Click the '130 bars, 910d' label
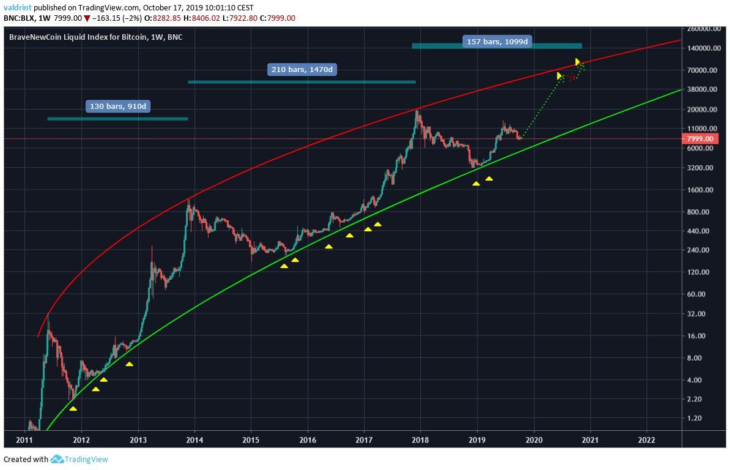point(118,106)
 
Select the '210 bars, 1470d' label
point(302,69)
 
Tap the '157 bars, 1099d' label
point(496,42)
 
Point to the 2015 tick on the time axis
point(251,439)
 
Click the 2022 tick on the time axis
point(646,439)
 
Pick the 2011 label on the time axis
point(24,439)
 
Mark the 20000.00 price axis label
point(699,110)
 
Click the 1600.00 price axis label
point(699,190)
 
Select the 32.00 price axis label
point(699,314)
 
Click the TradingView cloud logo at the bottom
point(57,459)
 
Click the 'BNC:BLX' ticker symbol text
point(19,18)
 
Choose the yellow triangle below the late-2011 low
point(73,408)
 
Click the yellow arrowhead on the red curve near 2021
point(577,62)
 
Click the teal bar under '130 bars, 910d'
point(117,119)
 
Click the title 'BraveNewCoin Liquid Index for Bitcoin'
point(78,37)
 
